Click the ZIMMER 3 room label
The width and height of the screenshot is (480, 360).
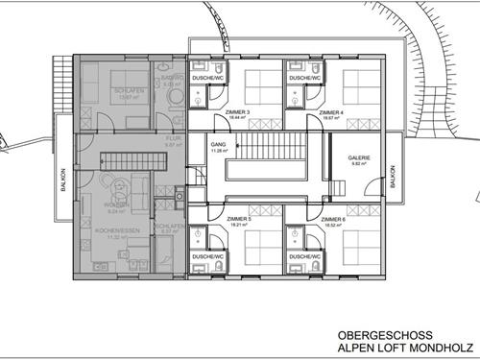pos(238,112)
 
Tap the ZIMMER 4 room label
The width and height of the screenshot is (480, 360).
pos(332,112)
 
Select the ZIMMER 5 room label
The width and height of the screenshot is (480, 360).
pos(239,220)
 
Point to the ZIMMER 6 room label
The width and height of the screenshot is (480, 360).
pos(333,220)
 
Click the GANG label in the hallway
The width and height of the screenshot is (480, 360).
pos(218,144)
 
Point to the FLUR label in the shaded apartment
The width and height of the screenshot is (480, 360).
pos(173,139)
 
